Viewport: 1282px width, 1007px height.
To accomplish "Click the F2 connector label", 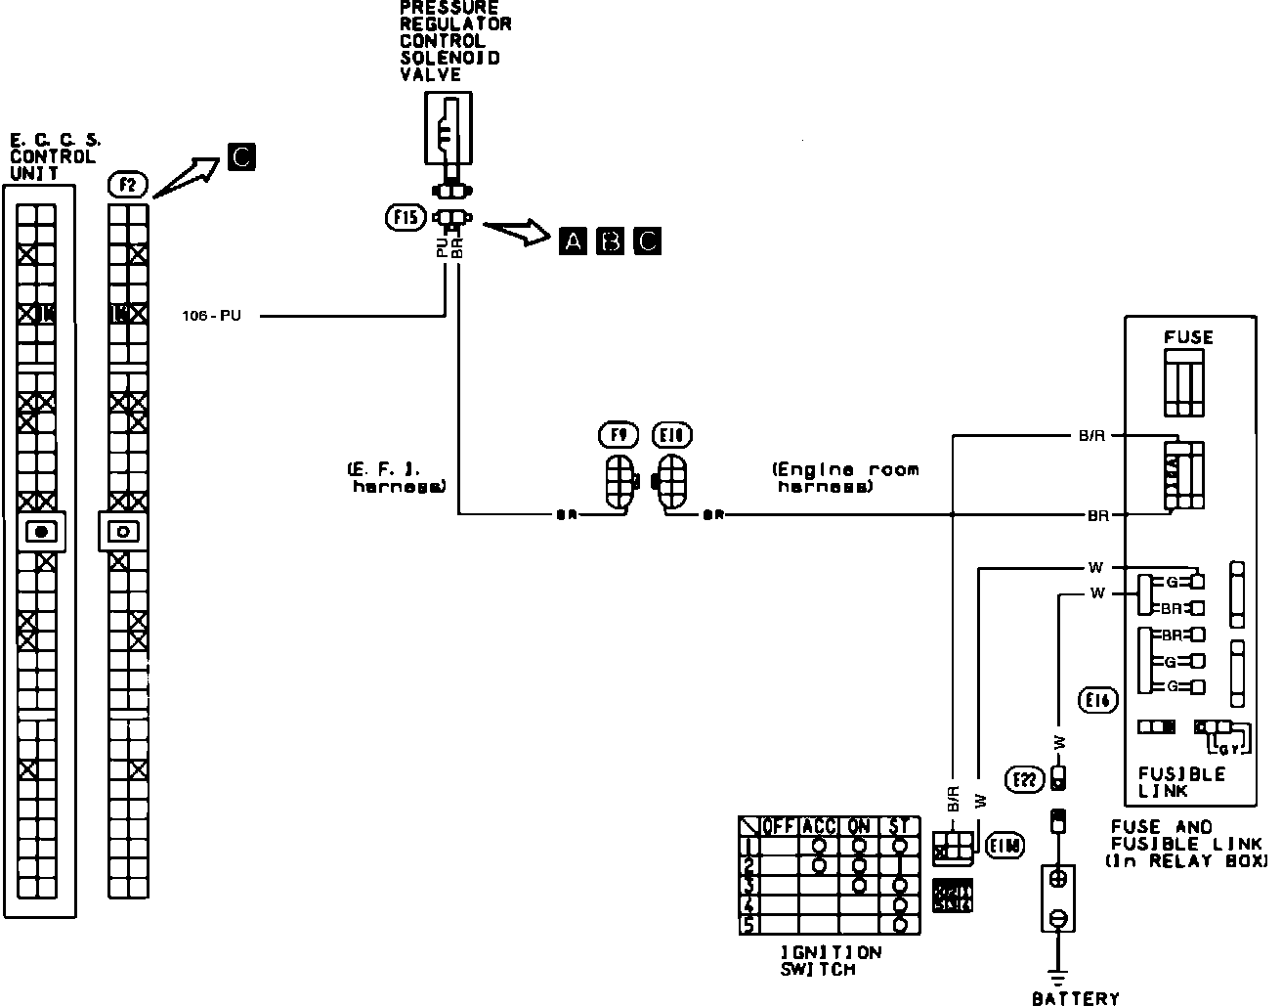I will point(127,184).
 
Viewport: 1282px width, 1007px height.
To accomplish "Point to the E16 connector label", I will point(1100,700).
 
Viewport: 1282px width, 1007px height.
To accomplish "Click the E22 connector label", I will point(1023,778).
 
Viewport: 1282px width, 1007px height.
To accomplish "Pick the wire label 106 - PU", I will point(211,316).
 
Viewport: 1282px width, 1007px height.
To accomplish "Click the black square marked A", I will point(574,241).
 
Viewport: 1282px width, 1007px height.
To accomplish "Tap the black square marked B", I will point(610,241).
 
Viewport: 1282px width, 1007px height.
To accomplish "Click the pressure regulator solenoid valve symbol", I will point(449,127).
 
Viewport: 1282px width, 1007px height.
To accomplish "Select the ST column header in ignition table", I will point(899,826).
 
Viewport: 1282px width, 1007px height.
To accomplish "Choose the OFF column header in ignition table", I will point(779,826).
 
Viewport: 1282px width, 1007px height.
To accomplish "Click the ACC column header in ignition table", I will point(819,826).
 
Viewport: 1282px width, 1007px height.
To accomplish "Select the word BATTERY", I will point(1075,998).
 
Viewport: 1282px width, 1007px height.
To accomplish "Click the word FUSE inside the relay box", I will point(1188,337).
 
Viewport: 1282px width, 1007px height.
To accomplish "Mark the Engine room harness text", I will point(845,477).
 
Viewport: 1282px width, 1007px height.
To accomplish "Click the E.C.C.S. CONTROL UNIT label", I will point(53,156).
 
